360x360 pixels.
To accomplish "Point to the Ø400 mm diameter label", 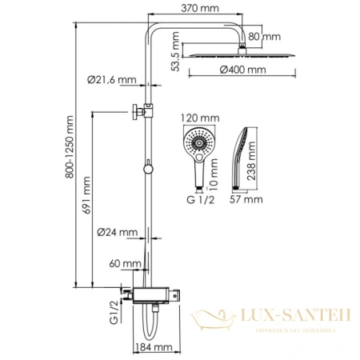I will click(x=245, y=71).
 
